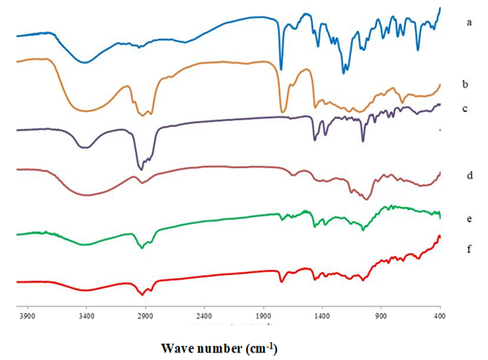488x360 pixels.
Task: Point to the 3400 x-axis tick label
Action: coord(86,317)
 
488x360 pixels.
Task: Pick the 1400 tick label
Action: coord(322,317)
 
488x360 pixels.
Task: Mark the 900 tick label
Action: coord(381,317)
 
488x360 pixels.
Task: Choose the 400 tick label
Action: coord(439,317)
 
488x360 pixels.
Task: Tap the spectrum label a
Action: coord(469,22)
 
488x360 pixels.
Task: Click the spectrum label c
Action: coord(465,109)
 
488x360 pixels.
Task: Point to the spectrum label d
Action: coord(469,176)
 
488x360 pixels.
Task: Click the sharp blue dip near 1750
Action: coord(281,69)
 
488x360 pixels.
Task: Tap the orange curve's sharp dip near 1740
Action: coord(281,112)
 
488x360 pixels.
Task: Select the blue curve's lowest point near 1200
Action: coord(344,73)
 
